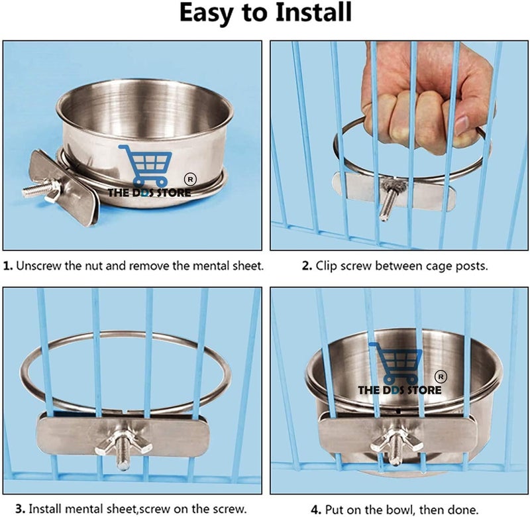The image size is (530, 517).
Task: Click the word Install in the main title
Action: tap(313, 12)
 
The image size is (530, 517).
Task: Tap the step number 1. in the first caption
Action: tap(8, 266)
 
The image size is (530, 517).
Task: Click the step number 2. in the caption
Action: tap(307, 266)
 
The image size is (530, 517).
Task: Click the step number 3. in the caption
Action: tap(21, 509)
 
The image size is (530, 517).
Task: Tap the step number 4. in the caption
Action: tap(316, 510)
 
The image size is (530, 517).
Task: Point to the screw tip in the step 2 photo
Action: tap(384, 217)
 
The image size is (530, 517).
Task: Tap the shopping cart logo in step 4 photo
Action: tap(396, 363)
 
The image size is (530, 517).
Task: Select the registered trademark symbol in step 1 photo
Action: tap(190, 180)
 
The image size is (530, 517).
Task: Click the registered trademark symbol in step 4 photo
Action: tap(441, 376)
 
